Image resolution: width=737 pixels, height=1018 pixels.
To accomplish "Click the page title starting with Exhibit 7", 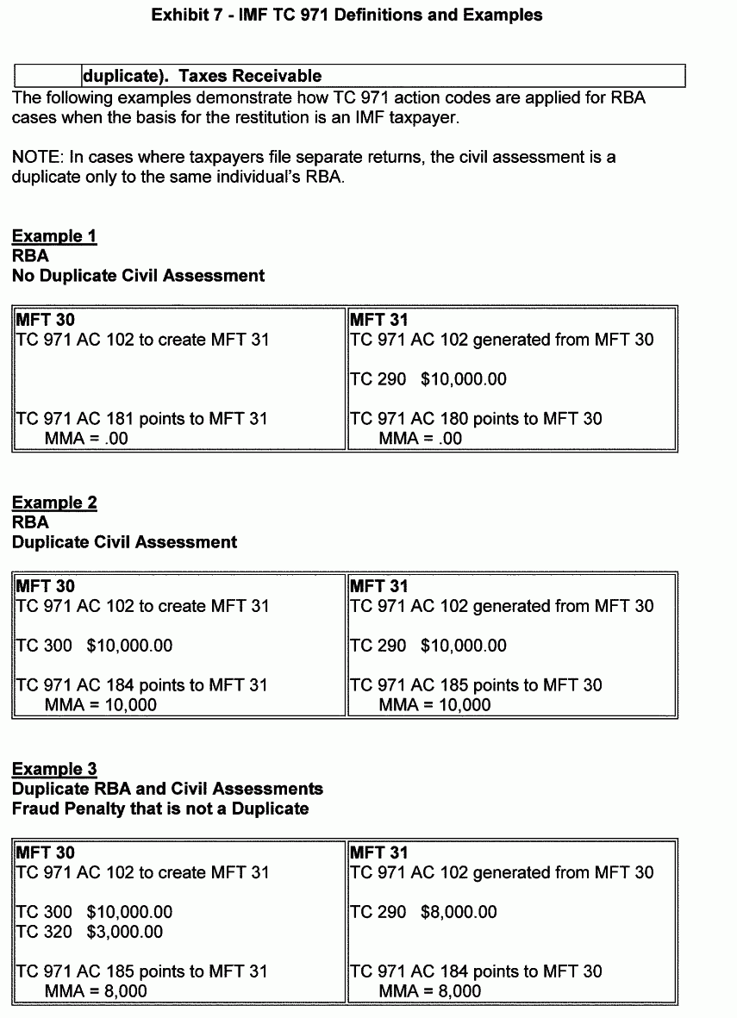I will point(347,15).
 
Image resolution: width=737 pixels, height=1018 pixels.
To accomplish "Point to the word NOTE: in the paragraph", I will point(37,158).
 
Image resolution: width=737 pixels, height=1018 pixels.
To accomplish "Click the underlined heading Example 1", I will point(54,236).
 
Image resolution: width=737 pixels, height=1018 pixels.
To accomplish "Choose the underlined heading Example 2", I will point(54,503).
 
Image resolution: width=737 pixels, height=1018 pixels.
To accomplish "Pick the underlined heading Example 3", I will point(54,769).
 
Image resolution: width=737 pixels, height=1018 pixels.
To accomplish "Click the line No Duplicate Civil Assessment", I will point(138,276).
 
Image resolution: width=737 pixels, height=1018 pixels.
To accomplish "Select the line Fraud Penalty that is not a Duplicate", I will point(160,809).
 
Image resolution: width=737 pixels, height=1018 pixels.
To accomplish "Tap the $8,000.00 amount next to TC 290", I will point(459,912).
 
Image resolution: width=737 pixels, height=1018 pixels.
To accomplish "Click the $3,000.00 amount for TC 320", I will point(124,932).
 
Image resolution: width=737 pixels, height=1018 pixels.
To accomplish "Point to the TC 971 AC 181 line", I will point(142,419).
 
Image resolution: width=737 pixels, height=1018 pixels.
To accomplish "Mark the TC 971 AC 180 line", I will point(476,419).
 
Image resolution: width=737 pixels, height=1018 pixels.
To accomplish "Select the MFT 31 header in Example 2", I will point(378,586).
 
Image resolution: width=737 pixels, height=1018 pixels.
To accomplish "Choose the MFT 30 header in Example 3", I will point(46,852).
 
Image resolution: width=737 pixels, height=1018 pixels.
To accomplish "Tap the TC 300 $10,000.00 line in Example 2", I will point(95,646).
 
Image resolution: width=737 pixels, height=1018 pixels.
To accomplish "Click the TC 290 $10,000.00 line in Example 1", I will point(428,379).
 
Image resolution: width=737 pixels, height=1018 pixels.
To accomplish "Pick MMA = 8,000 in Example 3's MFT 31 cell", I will point(430,991).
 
